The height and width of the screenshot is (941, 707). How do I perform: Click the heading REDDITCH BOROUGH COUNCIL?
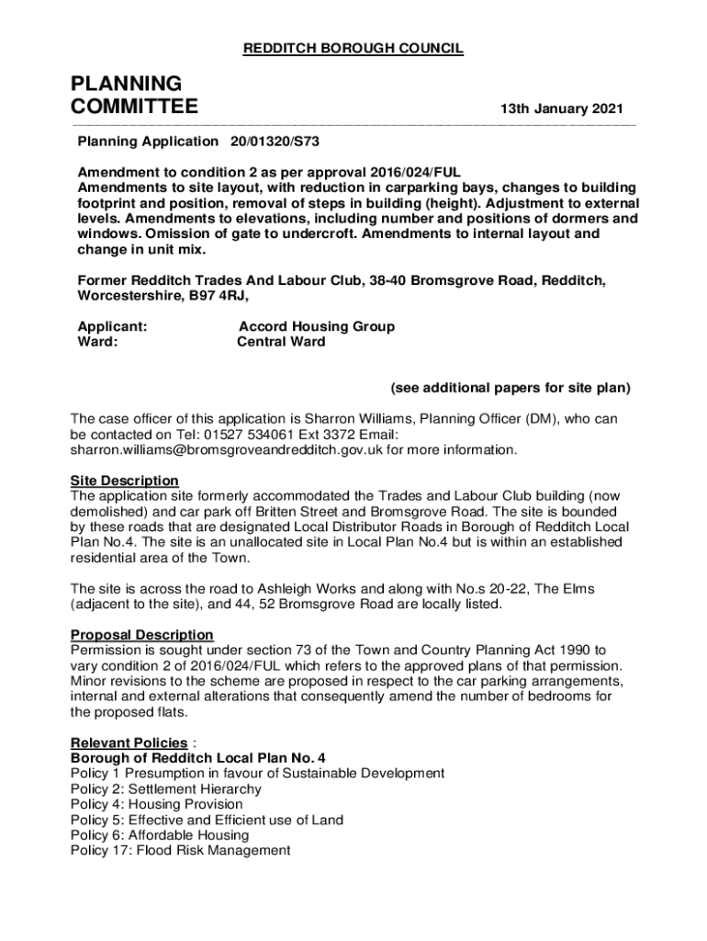click(x=353, y=49)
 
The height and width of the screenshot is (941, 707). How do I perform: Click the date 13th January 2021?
click(x=561, y=109)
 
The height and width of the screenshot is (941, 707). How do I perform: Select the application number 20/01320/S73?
click(x=275, y=142)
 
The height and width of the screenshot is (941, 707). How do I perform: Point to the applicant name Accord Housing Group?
click(x=316, y=326)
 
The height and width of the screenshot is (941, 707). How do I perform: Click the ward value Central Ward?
click(x=281, y=342)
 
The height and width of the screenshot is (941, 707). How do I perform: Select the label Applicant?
click(x=112, y=326)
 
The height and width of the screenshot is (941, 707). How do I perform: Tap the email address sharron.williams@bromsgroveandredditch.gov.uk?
click(x=226, y=449)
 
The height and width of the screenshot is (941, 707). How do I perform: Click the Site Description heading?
click(x=125, y=481)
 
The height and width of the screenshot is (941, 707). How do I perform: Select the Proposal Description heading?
click(x=142, y=635)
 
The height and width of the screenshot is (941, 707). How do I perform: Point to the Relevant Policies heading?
click(x=129, y=743)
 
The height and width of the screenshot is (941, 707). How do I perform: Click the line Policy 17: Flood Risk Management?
click(x=180, y=851)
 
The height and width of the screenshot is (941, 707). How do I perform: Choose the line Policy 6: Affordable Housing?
click(x=160, y=835)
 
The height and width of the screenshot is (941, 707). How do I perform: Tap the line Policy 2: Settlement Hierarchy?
click(x=166, y=788)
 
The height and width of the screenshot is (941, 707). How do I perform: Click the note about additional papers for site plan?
click(x=511, y=388)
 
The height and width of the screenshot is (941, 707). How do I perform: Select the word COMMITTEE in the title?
click(x=134, y=108)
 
